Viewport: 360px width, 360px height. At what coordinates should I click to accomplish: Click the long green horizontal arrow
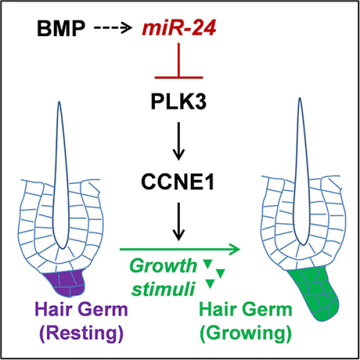(x=180, y=247)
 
